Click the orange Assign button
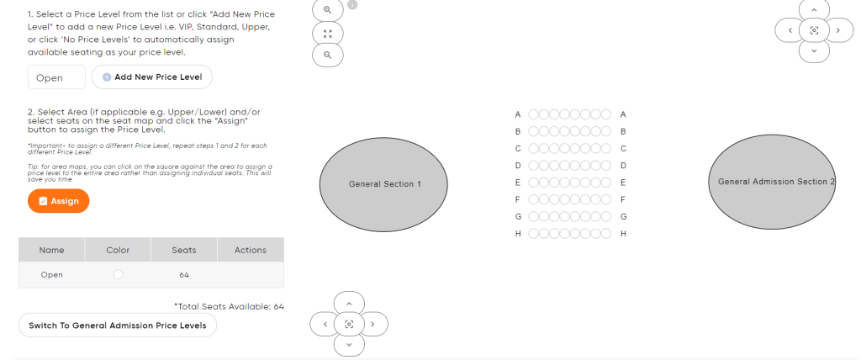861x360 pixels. coord(58,201)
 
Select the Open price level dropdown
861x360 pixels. coord(56,77)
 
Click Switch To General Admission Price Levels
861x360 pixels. coord(118,326)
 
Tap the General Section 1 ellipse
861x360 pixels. coord(383,184)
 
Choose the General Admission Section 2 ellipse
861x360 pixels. coord(772,182)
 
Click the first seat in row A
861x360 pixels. coord(534,114)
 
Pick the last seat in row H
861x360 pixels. coord(605,234)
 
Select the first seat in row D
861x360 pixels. coord(534,166)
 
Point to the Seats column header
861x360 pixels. coord(184,250)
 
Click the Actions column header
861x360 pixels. coord(251,250)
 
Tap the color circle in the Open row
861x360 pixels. coord(118,274)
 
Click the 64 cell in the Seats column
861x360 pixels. coord(184,275)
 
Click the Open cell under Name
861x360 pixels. coord(51,275)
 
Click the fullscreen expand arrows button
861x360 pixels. coord(328,34)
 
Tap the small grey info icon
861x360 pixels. coord(352,4)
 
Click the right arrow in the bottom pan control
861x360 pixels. coord(372,325)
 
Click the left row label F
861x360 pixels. coord(518,199)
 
